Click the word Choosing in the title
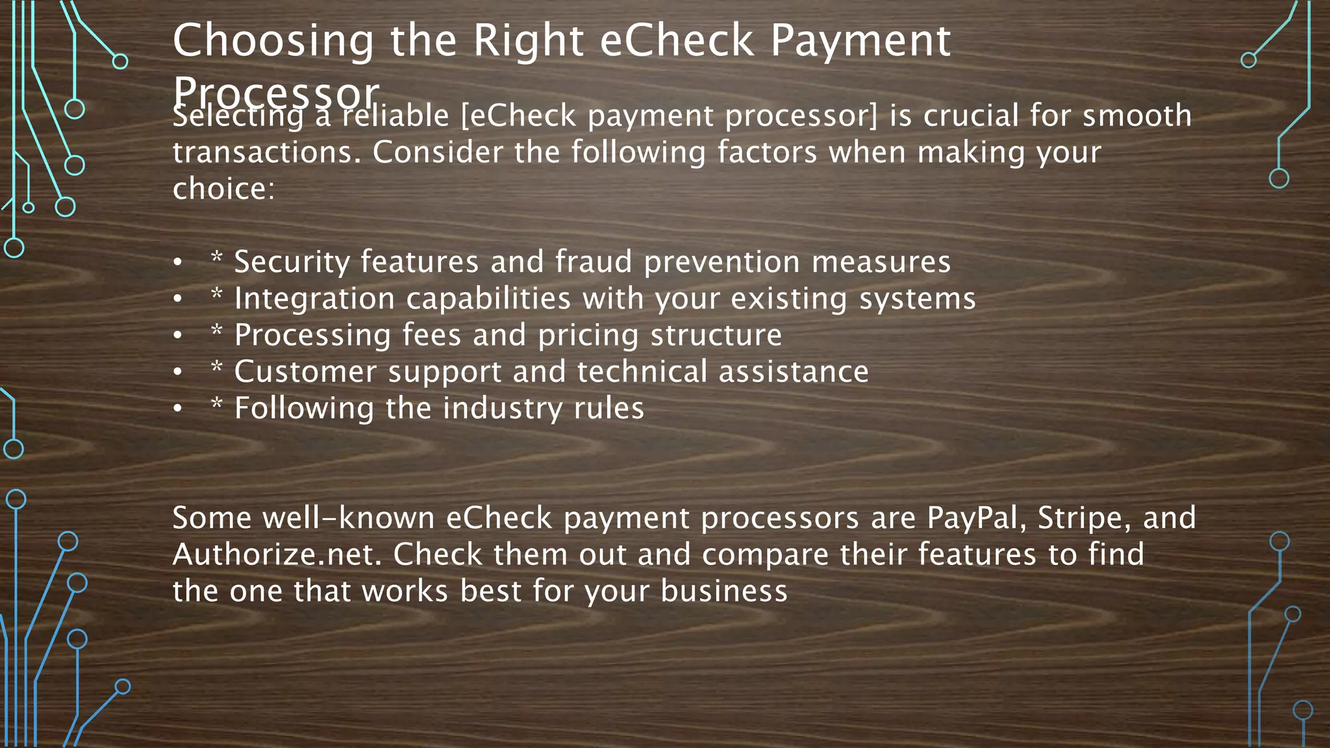(273, 41)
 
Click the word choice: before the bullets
(223, 189)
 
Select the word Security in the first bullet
(292, 262)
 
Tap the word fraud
(593, 262)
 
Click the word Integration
(314, 299)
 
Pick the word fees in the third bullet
(431, 336)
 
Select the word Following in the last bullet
(303, 409)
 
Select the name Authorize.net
(277, 555)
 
